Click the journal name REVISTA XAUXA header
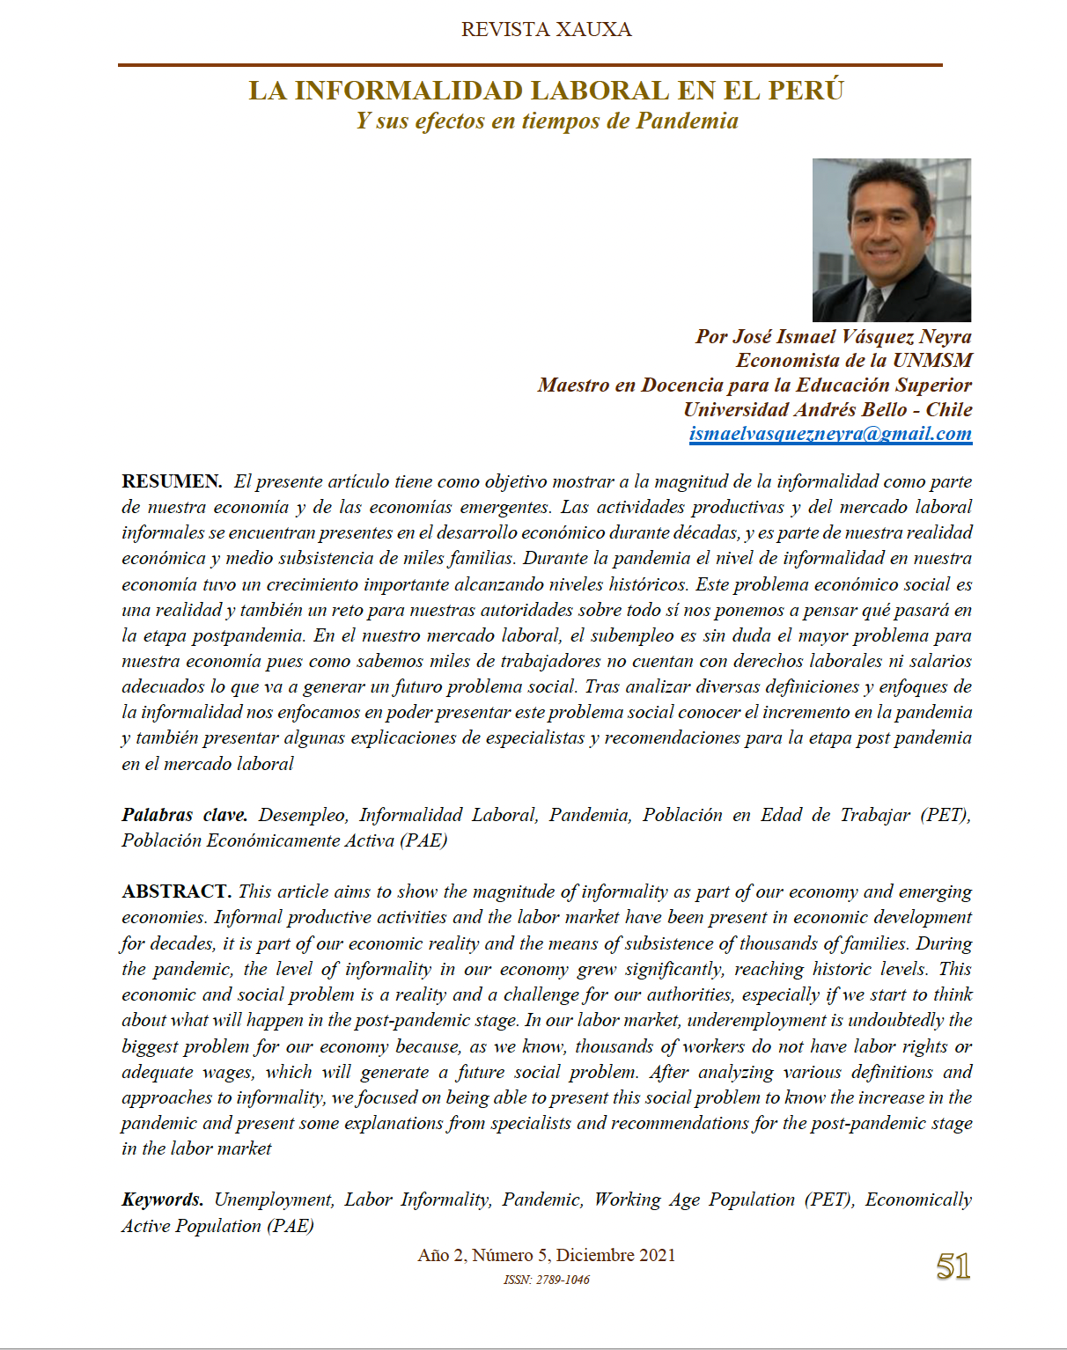(x=546, y=30)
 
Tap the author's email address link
(x=830, y=434)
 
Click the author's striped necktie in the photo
(x=871, y=304)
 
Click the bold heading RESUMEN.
(x=172, y=481)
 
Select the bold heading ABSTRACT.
(x=176, y=891)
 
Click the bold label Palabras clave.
(x=185, y=815)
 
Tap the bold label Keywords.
(x=163, y=1200)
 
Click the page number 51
(x=953, y=1267)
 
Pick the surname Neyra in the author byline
(x=946, y=337)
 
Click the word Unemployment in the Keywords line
(x=274, y=1200)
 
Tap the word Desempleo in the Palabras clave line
(x=303, y=815)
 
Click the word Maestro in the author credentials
(x=574, y=385)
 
